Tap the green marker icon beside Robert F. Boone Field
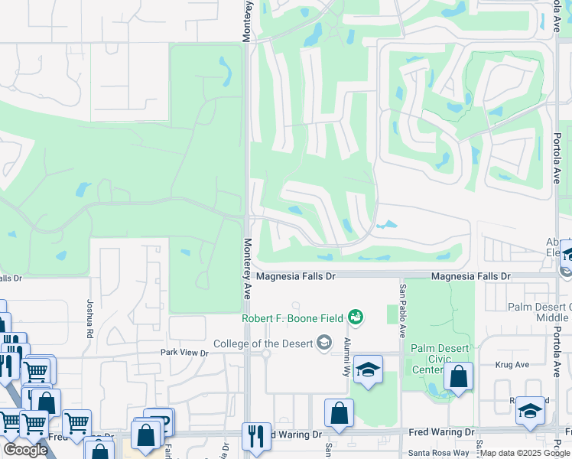[355, 316]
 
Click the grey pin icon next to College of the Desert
[324, 342]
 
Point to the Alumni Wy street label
[346, 357]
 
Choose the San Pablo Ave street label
[401, 311]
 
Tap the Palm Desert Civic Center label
[438, 359]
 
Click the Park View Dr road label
[184, 353]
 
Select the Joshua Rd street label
[89, 319]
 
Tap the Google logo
[25, 450]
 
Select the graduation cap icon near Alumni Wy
[367, 371]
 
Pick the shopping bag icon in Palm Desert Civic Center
[458, 377]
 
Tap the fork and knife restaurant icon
[256, 437]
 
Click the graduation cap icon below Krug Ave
[530, 412]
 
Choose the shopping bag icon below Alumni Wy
[339, 414]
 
